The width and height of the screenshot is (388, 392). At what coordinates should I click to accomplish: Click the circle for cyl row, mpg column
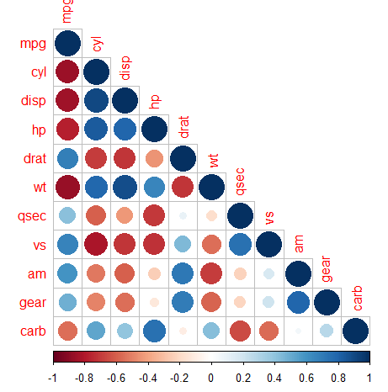[x=67, y=72]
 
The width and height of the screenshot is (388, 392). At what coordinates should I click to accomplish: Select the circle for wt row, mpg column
[x=67, y=187]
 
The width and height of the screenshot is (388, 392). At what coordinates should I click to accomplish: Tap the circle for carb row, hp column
[x=154, y=331]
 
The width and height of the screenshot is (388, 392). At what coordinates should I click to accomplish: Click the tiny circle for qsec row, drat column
[x=183, y=216]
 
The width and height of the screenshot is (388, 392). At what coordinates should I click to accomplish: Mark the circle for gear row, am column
[x=298, y=302]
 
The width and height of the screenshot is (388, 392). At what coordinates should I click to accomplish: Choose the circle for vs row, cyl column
[x=96, y=245]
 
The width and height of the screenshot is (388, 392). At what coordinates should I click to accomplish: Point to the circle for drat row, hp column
[x=154, y=158]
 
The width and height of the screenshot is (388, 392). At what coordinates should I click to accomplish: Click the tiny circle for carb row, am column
[x=298, y=331]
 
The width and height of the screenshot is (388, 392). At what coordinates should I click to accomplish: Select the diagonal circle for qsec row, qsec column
[x=241, y=216]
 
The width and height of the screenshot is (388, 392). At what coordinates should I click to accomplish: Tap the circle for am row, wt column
[x=211, y=273]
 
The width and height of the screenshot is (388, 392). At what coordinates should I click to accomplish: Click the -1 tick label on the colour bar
[x=54, y=379]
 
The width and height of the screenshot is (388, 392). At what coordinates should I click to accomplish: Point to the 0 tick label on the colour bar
[x=211, y=379]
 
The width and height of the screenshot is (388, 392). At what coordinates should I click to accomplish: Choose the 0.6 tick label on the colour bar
[x=306, y=379]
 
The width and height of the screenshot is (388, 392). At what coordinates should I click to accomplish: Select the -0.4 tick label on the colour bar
[x=147, y=379]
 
